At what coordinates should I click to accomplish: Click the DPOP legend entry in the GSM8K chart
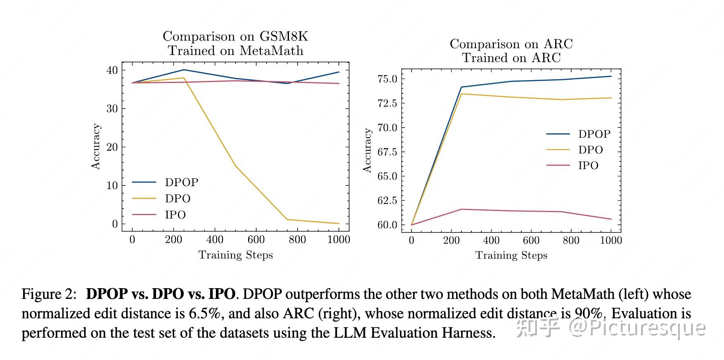click(181, 182)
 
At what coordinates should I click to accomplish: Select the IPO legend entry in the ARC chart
click(588, 166)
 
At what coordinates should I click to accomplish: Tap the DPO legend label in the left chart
click(177, 199)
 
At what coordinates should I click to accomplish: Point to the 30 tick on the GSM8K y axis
click(112, 109)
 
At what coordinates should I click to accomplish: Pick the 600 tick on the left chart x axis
click(256, 240)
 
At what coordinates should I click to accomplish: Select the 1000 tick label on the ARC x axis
click(610, 240)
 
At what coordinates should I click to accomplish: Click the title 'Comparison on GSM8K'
click(235, 36)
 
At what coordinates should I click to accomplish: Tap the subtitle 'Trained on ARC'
click(511, 58)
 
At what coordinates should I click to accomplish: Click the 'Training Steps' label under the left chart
click(235, 255)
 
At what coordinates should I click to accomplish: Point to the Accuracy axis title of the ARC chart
click(367, 150)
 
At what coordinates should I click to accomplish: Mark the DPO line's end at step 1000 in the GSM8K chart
click(339, 224)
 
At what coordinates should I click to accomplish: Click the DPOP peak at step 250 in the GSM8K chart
click(184, 70)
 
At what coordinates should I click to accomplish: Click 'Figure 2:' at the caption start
click(49, 294)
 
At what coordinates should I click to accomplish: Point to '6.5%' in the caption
click(204, 313)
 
